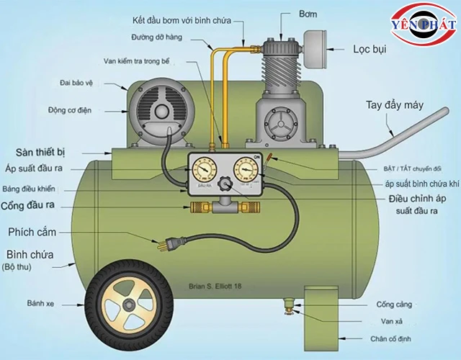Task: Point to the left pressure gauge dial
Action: [204, 171]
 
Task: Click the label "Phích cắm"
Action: [33, 233]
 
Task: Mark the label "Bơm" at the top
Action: [287, 14]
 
